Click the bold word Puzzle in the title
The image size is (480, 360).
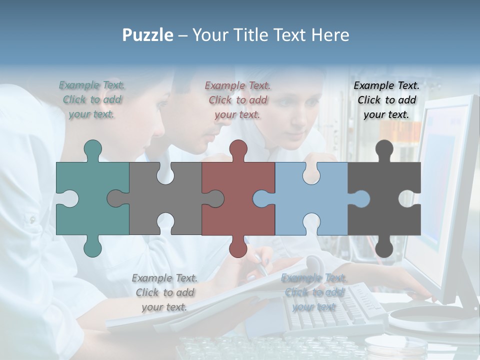[x=148, y=35]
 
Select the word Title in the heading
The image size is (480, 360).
[x=270, y=35]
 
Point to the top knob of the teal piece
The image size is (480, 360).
[x=92, y=149]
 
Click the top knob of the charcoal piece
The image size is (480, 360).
[x=384, y=149]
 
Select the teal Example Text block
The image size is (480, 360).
[x=92, y=99]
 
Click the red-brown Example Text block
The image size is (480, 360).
[x=237, y=99]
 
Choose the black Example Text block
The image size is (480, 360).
[x=386, y=99]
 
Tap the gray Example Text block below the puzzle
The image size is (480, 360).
[x=164, y=292]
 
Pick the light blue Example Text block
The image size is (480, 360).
[x=313, y=292]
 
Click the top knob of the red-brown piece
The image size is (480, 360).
[x=238, y=149]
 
